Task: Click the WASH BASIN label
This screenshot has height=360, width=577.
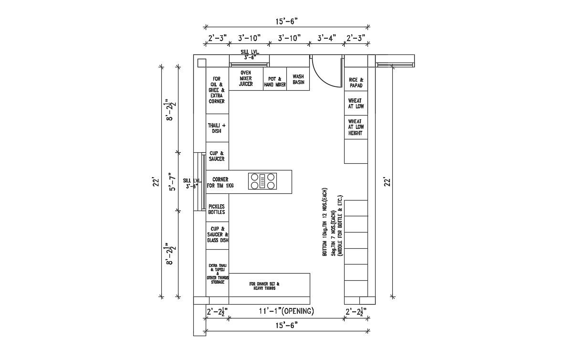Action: tap(298, 79)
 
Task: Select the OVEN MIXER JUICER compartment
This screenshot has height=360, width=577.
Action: tap(246, 78)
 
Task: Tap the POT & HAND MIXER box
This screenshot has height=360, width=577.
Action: tap(275, 82)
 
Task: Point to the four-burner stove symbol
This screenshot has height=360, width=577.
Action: tap(262, 181)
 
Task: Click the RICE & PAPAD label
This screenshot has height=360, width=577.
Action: tap(356, 83)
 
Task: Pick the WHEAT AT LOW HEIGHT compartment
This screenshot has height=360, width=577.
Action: tap(356, 127)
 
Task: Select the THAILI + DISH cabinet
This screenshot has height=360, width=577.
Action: tap(217, 128)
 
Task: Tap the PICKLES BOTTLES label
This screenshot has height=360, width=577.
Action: tap(217, 209)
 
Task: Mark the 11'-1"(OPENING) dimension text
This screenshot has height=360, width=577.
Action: tap(286, 311)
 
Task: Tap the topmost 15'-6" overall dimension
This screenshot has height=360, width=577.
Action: tap(286, 21)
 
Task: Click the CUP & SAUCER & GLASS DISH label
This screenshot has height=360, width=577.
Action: tap(217, 234)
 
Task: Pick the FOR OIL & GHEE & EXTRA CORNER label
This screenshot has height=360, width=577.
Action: tap(217, 90)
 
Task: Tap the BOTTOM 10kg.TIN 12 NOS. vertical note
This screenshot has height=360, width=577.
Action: tap(325, 225)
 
